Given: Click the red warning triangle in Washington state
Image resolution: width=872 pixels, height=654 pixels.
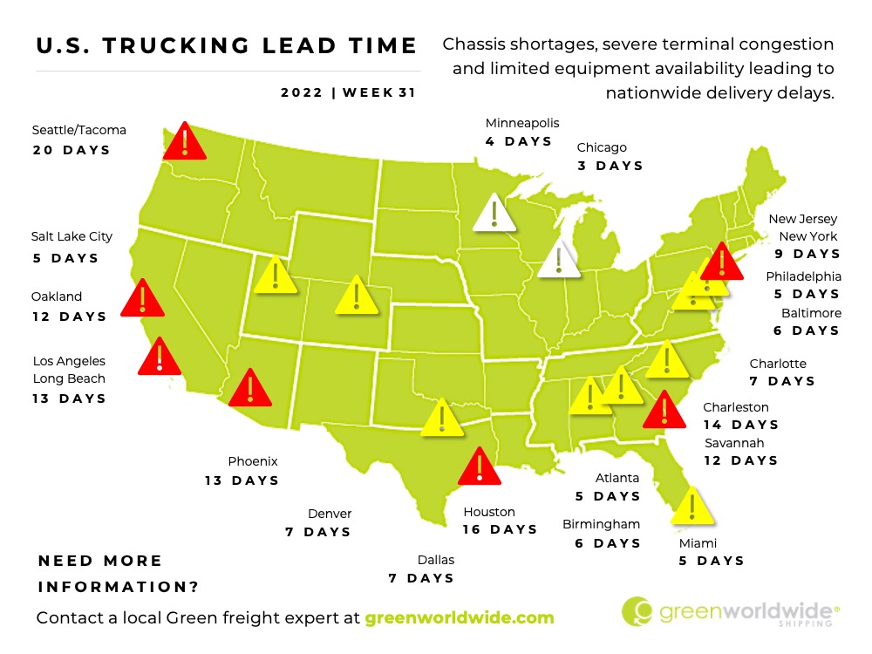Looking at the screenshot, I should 184,143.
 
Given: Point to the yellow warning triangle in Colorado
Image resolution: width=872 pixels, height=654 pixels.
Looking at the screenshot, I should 356,296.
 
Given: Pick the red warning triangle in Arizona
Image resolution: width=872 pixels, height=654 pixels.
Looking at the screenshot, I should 250,389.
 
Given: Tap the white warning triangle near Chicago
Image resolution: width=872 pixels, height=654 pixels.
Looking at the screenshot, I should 558,261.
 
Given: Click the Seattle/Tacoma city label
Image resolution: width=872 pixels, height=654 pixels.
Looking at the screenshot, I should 78,130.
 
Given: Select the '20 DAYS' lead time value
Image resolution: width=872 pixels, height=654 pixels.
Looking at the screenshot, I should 72,150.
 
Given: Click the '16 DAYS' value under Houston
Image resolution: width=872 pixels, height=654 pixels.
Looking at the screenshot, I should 501,529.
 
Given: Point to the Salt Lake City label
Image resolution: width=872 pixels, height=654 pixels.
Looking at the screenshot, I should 72,236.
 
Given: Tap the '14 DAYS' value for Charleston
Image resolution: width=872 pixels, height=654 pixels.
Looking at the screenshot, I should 740,425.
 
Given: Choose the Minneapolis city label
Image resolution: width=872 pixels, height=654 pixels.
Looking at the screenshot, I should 522,123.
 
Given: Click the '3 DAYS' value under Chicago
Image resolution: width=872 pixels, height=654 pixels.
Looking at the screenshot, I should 610,166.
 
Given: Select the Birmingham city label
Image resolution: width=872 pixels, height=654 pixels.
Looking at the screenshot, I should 602,524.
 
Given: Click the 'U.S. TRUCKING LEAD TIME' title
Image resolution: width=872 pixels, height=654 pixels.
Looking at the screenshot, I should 227,46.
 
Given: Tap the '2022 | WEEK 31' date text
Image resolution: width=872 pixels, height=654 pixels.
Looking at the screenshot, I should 348,93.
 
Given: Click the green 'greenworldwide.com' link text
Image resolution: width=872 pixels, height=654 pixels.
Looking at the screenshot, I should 460,617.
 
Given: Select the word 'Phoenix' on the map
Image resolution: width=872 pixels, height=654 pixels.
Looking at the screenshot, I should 253,461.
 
